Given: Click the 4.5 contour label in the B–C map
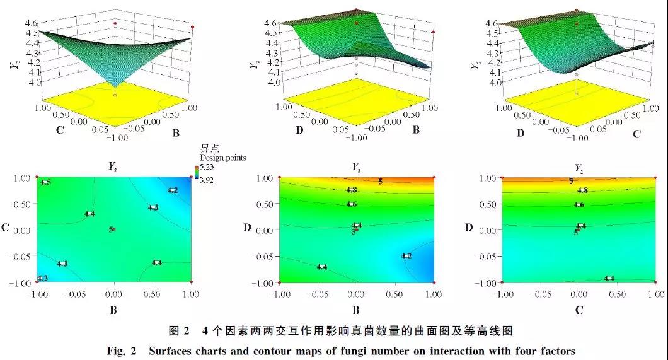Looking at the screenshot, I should (x=45, y=182).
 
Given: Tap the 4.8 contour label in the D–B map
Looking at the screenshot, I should (x=352, y=190).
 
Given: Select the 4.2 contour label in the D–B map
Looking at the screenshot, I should (x=406, y=256).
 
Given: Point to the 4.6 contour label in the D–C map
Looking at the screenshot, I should (x=579, y=204).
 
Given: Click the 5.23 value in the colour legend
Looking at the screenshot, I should (x=209, y=168).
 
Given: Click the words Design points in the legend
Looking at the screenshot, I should (x=223, y=158).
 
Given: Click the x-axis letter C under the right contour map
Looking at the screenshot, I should (x=579, y=310).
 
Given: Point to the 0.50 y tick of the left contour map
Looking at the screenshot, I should (x=22, y=204).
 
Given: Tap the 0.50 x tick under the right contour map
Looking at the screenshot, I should (x=617, y=294).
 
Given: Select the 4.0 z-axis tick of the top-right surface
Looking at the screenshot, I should (x=493, y=82).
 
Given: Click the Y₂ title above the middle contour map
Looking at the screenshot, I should (x=356, y=167).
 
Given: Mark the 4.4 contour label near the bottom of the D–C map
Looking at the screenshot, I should (x=609, y=278).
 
